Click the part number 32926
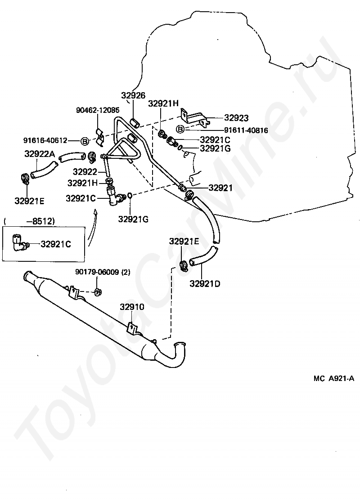133,95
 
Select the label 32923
236,118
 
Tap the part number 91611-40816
247,130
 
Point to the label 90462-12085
97,110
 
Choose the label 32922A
39,154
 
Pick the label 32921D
205,283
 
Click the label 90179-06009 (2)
103,272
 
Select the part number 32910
132,307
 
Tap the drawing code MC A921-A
334,378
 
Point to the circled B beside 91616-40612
84,141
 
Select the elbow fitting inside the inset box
20,243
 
